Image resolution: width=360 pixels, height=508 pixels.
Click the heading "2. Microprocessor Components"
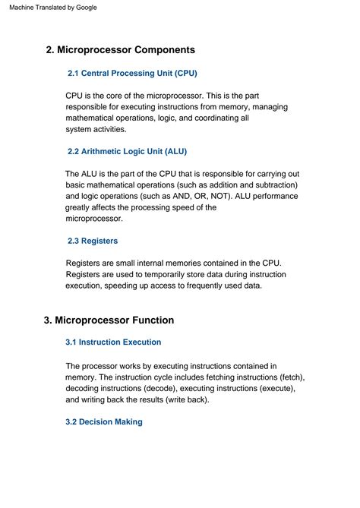120,50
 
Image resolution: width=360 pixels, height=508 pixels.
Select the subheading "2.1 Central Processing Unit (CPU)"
132,74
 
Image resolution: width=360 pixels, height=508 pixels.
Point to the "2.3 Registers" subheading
93,241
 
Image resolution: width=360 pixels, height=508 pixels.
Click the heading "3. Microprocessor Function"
109,320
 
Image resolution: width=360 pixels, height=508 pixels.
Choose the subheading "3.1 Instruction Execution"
113,342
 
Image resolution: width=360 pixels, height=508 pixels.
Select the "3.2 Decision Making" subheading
104,421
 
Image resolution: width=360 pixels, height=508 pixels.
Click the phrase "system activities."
96,129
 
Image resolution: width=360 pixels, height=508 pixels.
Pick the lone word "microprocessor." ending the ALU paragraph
94,219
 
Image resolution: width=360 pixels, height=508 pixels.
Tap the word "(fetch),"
287,377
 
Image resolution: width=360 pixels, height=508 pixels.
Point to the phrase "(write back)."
183,399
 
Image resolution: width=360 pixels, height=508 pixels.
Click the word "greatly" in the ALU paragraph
81,207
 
